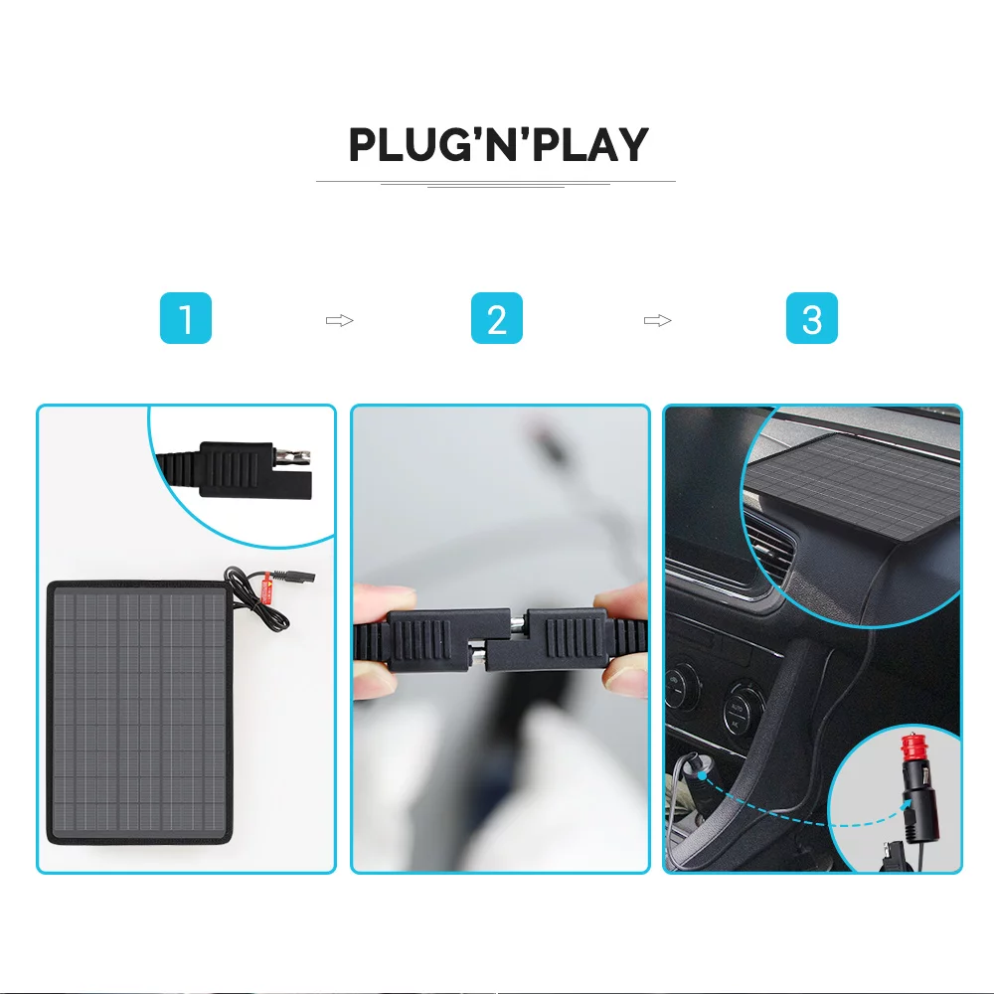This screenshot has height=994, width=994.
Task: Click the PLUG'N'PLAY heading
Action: (497, 145)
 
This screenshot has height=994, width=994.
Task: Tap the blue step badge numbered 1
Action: (186, 319)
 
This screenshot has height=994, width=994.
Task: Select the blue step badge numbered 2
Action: (497, 319)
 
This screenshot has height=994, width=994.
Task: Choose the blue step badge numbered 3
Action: (811, 319)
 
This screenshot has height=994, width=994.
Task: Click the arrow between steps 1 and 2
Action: (340, 320)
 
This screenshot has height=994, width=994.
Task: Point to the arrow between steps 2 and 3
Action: (657, 320)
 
